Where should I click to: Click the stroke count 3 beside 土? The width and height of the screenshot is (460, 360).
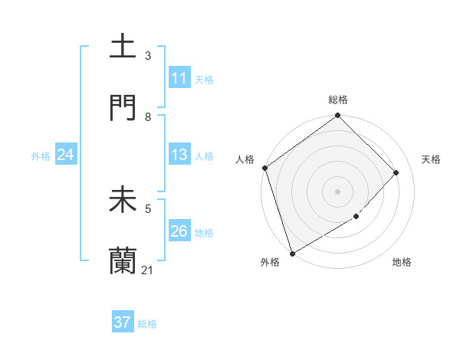(148, 56)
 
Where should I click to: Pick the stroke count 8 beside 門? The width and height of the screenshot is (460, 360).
(148, 117)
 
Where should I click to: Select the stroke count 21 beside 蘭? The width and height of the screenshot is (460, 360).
(148, 270)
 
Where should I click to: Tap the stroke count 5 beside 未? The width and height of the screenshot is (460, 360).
(148, 208)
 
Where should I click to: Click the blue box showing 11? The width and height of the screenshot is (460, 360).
(179, 78)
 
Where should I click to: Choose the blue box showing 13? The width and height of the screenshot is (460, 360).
(179, 155)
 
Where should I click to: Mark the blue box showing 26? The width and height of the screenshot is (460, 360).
(179, 231)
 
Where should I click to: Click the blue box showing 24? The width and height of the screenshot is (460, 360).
(66, 155)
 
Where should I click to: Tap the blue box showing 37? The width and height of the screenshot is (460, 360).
(122, 322)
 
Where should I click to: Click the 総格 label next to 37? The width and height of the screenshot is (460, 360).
(147, 324)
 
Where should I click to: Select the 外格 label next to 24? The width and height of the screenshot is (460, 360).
(41, 156)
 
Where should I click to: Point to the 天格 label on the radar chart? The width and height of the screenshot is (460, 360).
(432, 159)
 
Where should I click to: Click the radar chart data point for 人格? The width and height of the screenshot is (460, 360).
(264, 168)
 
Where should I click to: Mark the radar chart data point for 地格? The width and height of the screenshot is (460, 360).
(356, 217)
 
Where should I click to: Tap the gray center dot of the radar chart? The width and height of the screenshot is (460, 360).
(337, 191)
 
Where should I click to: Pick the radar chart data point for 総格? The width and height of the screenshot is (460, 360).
(337, 116)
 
